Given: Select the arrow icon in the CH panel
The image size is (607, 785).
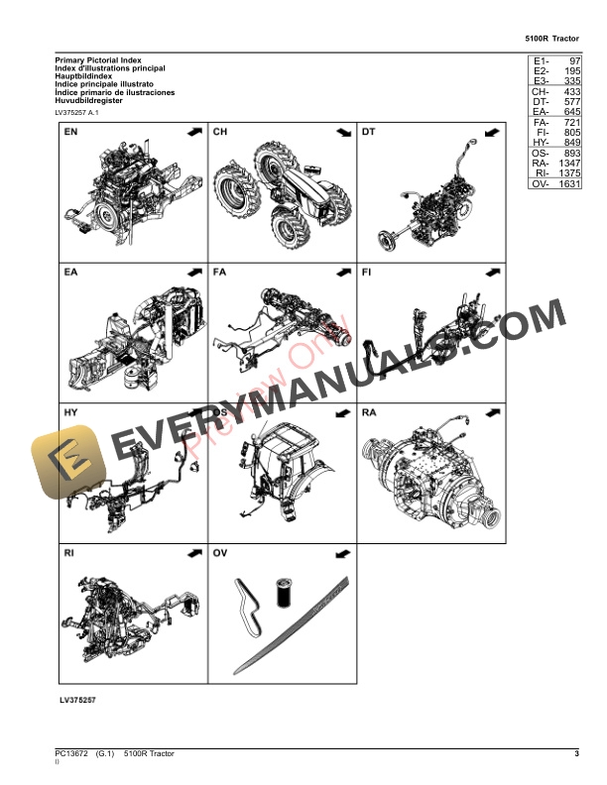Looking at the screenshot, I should point(340,132).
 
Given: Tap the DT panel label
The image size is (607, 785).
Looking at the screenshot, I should point(369,132).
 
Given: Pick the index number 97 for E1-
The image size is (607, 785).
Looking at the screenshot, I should point(574,62).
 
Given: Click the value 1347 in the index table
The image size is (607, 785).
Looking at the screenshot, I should point(568,164).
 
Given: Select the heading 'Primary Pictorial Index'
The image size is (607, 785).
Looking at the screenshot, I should point(98,60).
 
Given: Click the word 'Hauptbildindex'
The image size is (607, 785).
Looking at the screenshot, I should point(84,76).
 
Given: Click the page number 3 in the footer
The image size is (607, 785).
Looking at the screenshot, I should point(576,755).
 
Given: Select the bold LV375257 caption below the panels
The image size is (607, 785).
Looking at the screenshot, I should point(76,701).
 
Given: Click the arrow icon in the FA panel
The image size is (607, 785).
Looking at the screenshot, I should point(340,272).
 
